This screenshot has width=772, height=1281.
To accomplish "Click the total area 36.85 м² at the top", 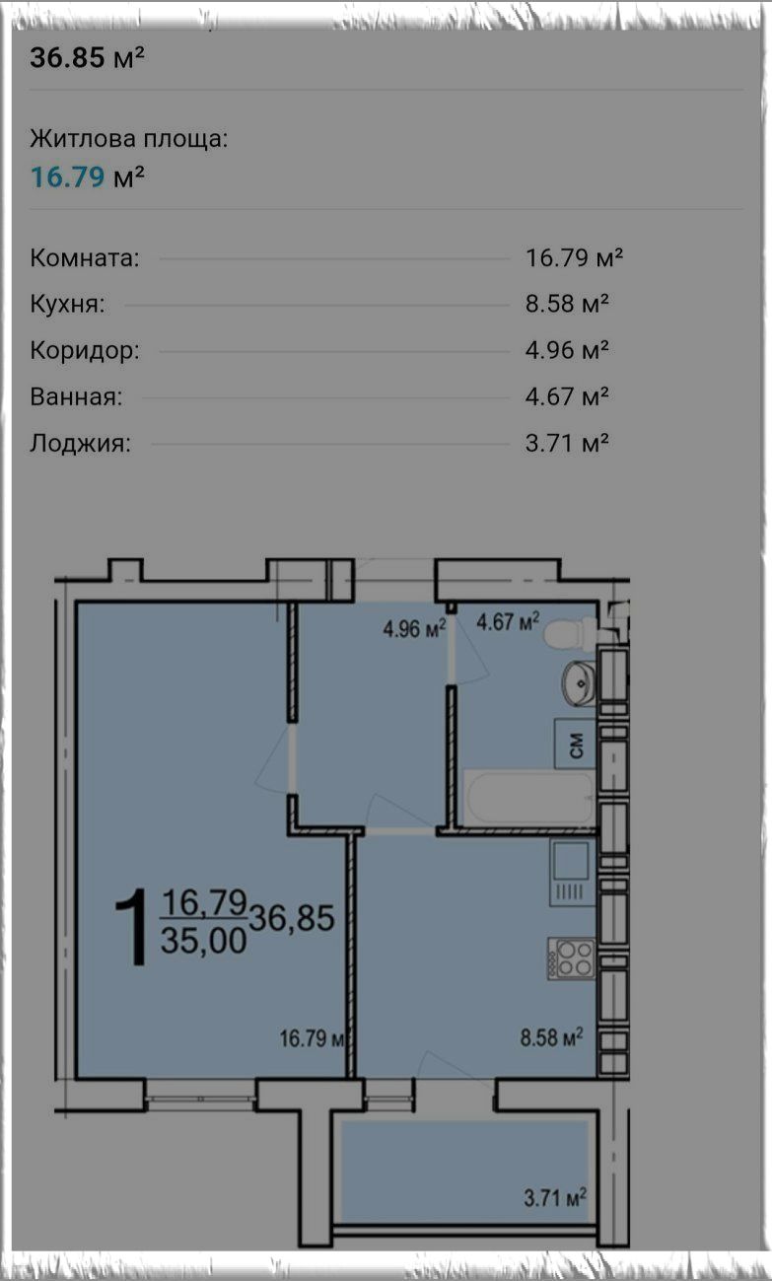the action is click(87, 57).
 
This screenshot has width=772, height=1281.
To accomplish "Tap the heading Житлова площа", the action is click(128, 138).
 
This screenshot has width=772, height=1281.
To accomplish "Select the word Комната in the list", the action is click(85, 258).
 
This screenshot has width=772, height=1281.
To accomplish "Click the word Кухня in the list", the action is click(67, 304).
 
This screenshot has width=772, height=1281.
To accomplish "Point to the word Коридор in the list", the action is click(85, 350).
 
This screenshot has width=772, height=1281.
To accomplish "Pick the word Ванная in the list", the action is click(76, 396).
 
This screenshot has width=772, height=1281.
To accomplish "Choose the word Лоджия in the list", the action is click(80, 443).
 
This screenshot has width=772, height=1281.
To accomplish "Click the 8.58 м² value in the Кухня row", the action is click(567, 304).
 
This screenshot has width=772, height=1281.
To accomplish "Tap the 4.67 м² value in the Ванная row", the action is click(567, 396).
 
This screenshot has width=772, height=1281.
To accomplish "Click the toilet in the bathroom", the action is click(570, 634).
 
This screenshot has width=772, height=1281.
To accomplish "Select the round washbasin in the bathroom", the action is click(579, 683).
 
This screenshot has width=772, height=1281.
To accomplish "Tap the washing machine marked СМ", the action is click(575, 744).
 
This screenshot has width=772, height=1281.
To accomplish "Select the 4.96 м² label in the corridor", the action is click(414, 629).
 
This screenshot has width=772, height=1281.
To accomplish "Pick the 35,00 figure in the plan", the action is click(203, 941).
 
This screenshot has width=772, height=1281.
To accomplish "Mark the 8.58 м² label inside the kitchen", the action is click(551, 1036).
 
